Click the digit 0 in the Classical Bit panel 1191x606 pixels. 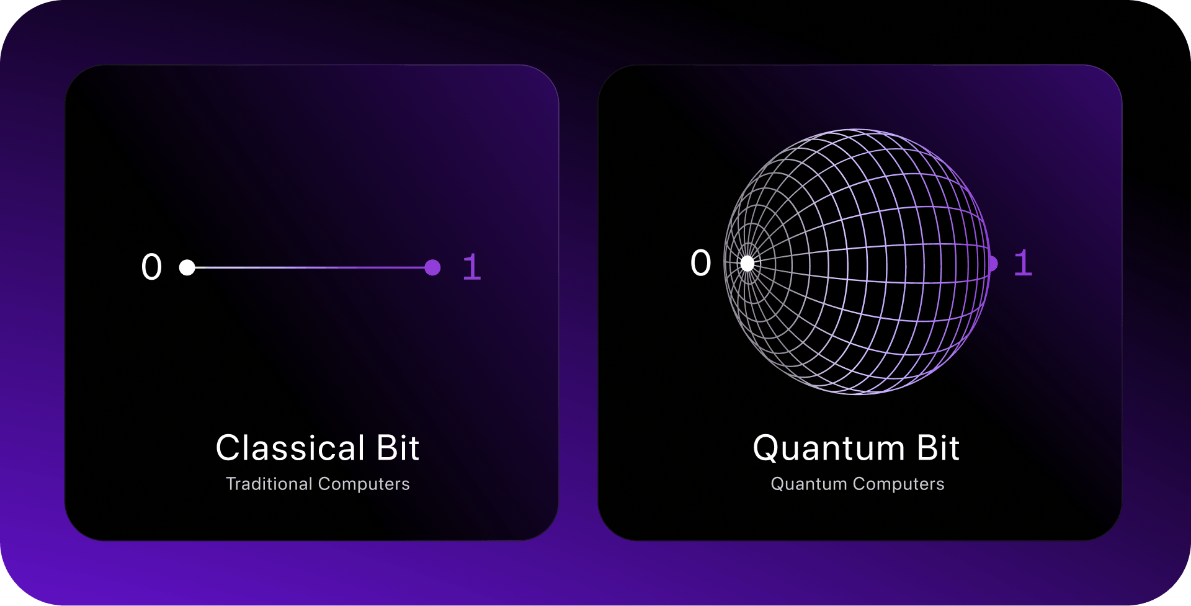[151, 267]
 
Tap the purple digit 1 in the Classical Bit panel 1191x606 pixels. [472, 267]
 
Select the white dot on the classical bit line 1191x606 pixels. [187, 267]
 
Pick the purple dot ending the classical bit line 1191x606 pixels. [432, 267]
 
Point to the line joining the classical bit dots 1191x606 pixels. [310, 267]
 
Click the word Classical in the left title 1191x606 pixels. [290, 448]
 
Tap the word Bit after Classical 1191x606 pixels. [398, 448]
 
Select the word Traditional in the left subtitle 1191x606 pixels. [269, 484]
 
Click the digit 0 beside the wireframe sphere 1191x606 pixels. [701, 262]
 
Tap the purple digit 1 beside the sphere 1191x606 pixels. [1023, 262]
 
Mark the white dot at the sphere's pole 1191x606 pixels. [747, 264]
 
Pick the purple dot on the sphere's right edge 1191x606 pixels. [993, 264]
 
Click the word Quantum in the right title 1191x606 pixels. [829, 448]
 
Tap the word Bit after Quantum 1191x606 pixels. [939, 448]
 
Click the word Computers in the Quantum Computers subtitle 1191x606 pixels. [899, 484]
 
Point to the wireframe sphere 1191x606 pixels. [857, 261]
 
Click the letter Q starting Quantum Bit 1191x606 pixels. [767, 448]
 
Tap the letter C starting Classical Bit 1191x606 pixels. [228, 448]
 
